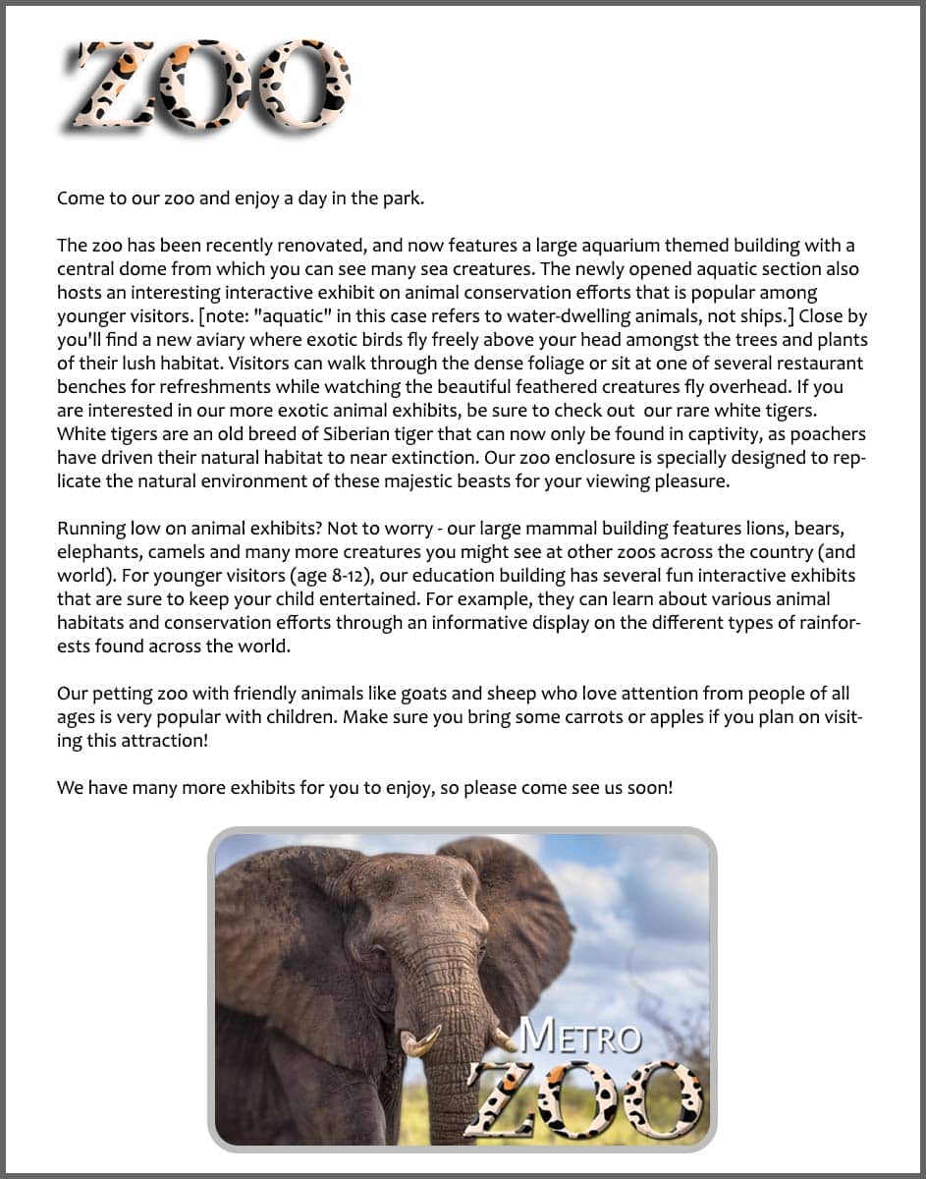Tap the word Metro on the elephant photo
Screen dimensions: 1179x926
(x=579, y=1035)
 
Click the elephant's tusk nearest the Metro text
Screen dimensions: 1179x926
(x=503, y=1039)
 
